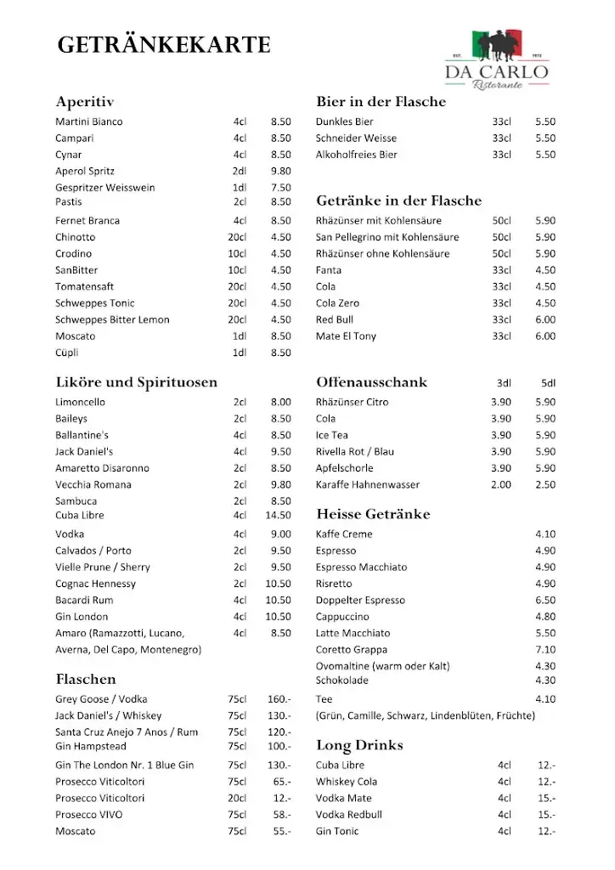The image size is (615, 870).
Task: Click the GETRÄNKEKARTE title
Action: pos(164,45)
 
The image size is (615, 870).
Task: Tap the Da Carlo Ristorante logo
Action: pos(497,60)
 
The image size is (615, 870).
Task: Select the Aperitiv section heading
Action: pos(84,102)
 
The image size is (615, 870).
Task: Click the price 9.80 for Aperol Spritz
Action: pos(280,171)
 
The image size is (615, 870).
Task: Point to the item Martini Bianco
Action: pos(88,121)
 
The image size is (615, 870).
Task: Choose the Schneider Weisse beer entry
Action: pos(356,138)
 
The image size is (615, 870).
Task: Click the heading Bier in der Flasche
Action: pos(381,102)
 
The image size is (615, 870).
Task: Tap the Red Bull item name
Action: pos(334,319)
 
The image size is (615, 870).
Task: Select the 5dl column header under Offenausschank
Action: pos(547,383)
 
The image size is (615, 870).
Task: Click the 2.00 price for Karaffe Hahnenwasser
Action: pos(501,484)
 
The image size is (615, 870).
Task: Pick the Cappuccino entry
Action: pos(342,617)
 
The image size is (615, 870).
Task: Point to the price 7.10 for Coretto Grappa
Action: pos(545,650)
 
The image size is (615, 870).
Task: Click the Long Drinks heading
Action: pos(359,746)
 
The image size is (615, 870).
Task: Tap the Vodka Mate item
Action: pos(343,798)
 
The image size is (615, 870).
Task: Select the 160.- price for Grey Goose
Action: pos(279,699)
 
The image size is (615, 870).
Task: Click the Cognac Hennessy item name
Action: pos(95,584)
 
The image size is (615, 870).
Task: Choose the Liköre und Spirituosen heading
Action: pos(136,382)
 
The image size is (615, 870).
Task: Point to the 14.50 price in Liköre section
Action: pos(278,515)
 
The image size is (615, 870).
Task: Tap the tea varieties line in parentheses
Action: pos(425,715)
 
